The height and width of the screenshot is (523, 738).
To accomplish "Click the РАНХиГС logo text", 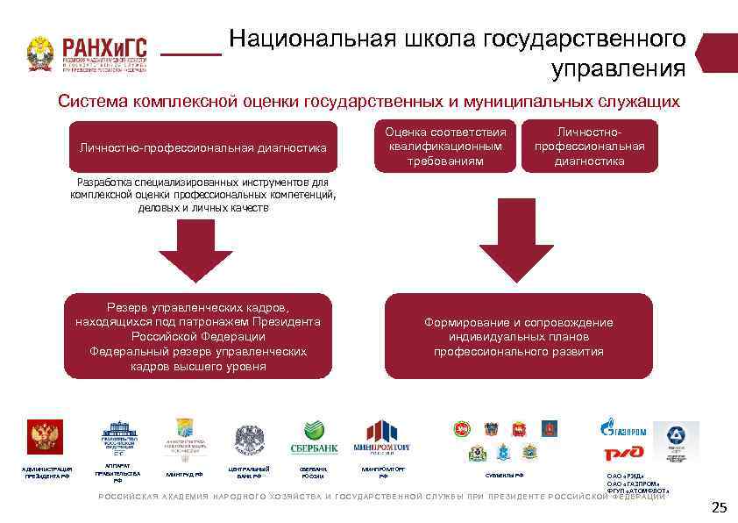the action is coord(103,47).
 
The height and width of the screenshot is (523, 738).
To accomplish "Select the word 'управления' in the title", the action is coord(618,68).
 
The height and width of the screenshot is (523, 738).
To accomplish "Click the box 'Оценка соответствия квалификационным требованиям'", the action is coord(445,147).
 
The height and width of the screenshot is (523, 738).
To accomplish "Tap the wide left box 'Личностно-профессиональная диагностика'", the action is coord(202,148).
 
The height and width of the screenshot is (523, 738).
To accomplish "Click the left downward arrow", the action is coord(195,249).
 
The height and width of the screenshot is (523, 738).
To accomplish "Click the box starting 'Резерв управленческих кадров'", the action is coord(198,336).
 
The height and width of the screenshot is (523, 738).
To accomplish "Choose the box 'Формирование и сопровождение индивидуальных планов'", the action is coord(518,336).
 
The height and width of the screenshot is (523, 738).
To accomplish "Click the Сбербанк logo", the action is coord(320,437).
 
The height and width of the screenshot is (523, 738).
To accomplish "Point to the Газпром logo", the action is coord(623,430).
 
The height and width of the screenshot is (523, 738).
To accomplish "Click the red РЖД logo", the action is coord(623,453).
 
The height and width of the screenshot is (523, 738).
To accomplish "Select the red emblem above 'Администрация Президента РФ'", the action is coord(40,437).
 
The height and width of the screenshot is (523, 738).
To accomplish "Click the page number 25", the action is coord(719,507).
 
